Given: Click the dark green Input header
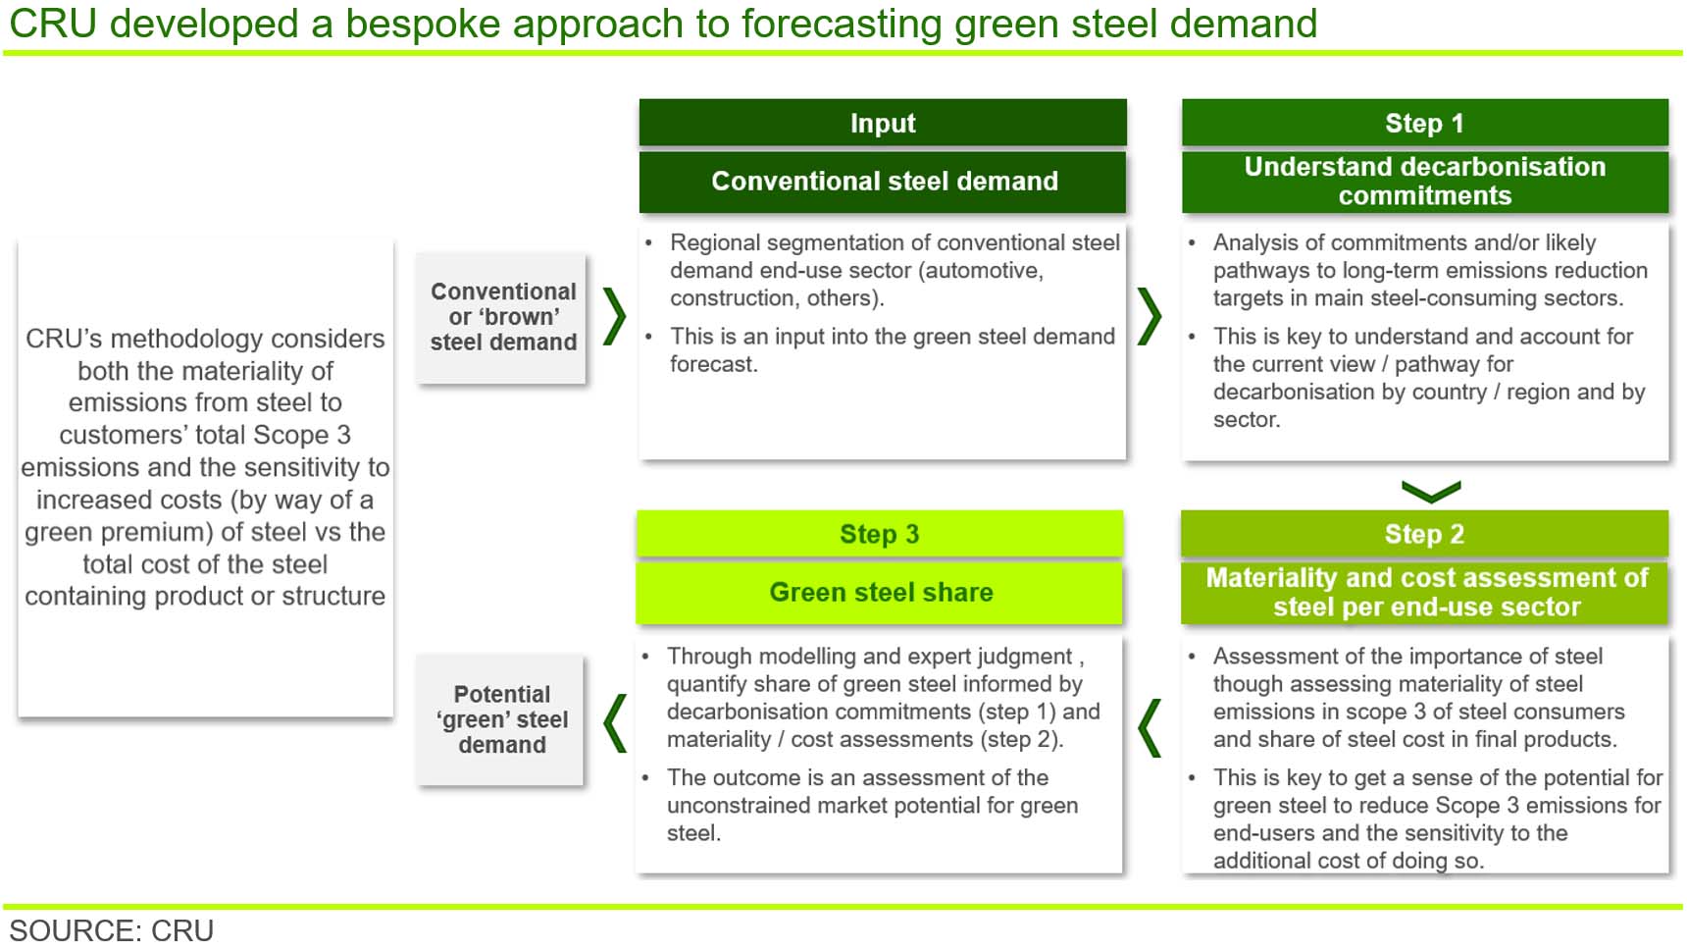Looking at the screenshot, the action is click(x=883, y=123).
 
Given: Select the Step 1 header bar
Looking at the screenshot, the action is click(x=1425, y=123).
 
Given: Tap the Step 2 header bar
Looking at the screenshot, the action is click(x=1424, y=534).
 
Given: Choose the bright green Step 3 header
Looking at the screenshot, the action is click(x=880, y=534).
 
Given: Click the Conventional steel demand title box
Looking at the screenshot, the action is click(x=883, y=182).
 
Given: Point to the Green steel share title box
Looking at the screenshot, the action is click(x=880, y=593).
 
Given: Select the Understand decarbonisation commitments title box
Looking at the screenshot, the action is click(x=1425, y=182).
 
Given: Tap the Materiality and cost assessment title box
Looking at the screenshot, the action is click(x=1424, y=593).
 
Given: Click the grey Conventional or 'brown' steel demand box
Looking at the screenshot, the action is click(x=501, y=318).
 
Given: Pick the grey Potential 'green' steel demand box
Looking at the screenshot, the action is click(x=500, y=719).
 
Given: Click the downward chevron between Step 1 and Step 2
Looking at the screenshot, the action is click(x=1431, y=492).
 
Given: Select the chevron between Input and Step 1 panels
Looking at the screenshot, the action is click(x=1150, y=316).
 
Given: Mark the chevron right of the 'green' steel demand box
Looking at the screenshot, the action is click(x=614, y=723).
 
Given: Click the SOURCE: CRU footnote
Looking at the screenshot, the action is click(x=112, y=930).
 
